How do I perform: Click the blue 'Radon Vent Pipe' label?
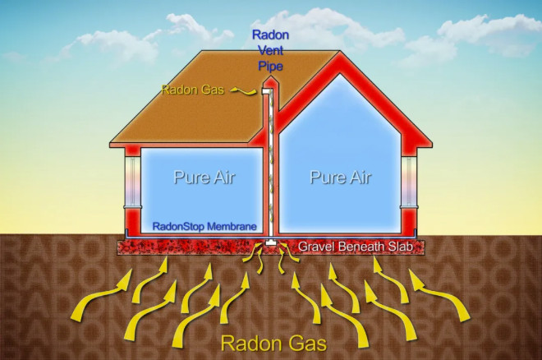click(270, 50)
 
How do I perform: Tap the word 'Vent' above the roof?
click(271, 50)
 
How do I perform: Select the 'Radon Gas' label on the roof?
click(193, 90)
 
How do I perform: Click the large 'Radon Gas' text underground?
click(273, 344)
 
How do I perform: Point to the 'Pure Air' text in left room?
click(204, 177)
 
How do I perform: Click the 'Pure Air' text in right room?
click(341, 177)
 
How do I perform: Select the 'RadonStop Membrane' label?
click(204, 227)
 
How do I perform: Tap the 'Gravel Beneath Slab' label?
click(356, 247)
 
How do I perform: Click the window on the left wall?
click(133, 182)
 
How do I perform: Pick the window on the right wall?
click(409, 182)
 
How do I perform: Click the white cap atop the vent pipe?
click(267, 90)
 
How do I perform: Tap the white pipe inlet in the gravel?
click(270, 242)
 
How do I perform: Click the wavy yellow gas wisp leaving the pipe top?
click(244, 90)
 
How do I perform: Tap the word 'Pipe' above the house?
click(271, 66)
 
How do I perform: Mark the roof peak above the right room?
click(340, 53)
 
